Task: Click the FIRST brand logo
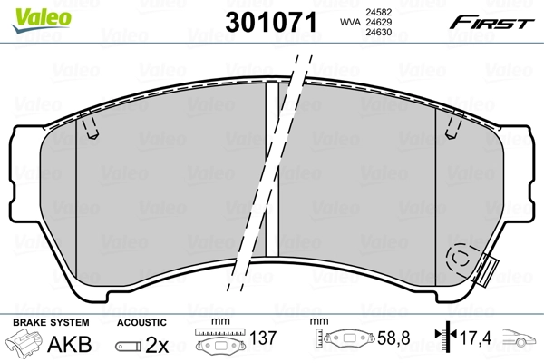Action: (500, 22)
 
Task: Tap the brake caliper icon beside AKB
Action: (24, 344)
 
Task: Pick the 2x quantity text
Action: (156, 344)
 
